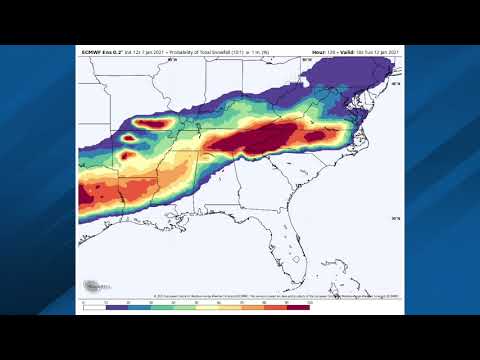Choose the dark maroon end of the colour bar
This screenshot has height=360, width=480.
click(x=298, y=306)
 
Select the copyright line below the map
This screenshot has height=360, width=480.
click(x=270, y=296)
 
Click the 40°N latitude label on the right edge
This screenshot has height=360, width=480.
click(x=396, y=84)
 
